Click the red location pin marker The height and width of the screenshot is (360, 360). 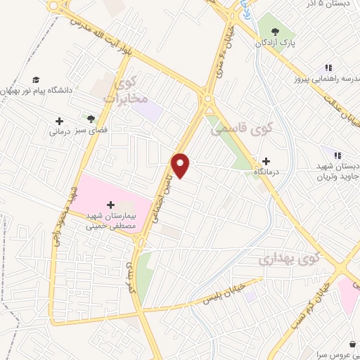point(181,165)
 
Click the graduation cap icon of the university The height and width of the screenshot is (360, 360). point(36,80)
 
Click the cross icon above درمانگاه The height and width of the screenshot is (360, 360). point(266,161)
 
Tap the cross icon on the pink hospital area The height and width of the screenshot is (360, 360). point(110,204)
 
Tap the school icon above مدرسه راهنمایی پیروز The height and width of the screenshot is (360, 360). point(328,68)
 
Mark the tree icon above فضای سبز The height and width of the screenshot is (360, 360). point(90,119)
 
